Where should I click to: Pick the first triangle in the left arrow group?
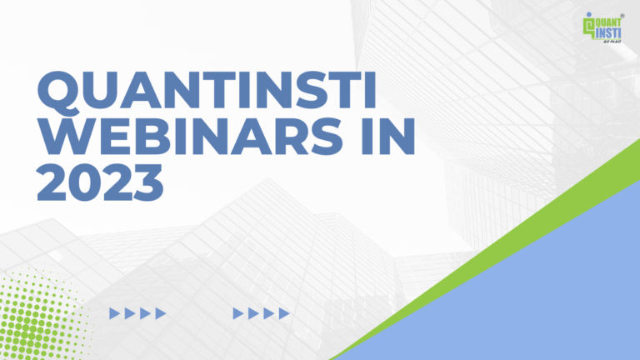[x=115, y=313]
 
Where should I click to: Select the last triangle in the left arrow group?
[x=161, y=313]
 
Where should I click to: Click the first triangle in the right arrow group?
[x=238, y=313]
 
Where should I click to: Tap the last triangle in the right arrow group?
[x=285, y=313]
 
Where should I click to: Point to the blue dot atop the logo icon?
[x=589, y=16]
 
